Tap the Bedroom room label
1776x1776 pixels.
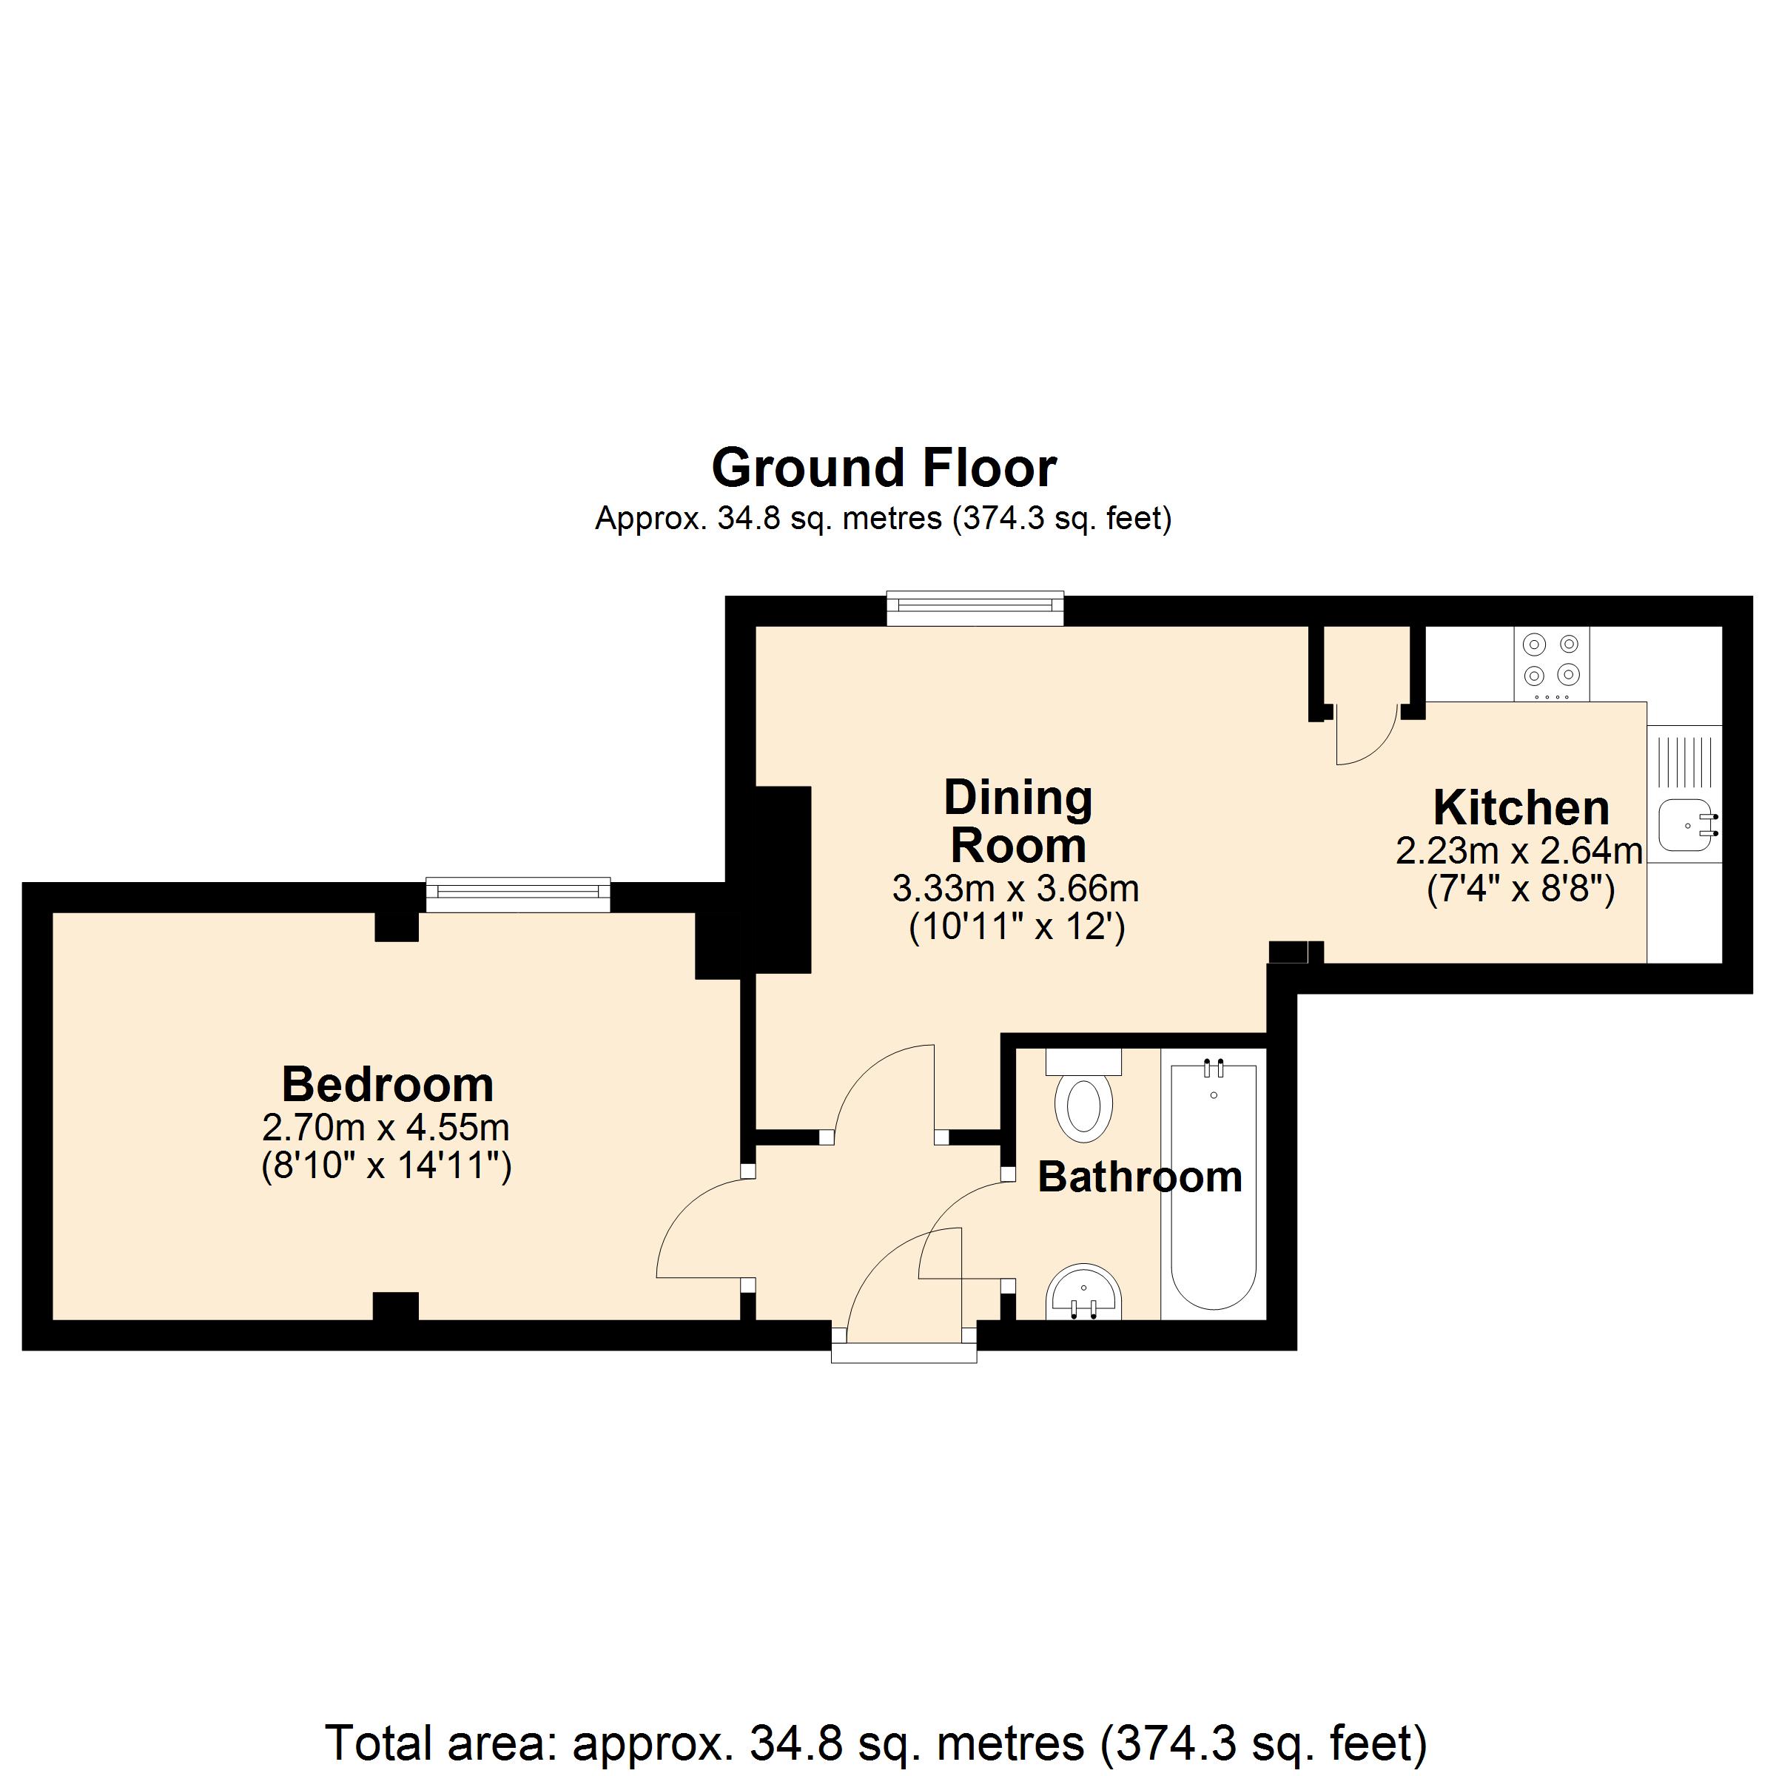click(387, 1085)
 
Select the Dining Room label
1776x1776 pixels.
click(1017, 821)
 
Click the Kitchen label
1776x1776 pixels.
click(1521, 808)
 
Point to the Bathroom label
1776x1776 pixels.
click(1140, 1177)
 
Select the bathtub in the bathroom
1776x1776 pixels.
click(1214, 1185)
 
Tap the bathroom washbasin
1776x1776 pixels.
click(1084, 1294)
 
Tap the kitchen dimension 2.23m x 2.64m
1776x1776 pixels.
click(1518, 851)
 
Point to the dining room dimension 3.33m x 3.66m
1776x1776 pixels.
click(1016, 888)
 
